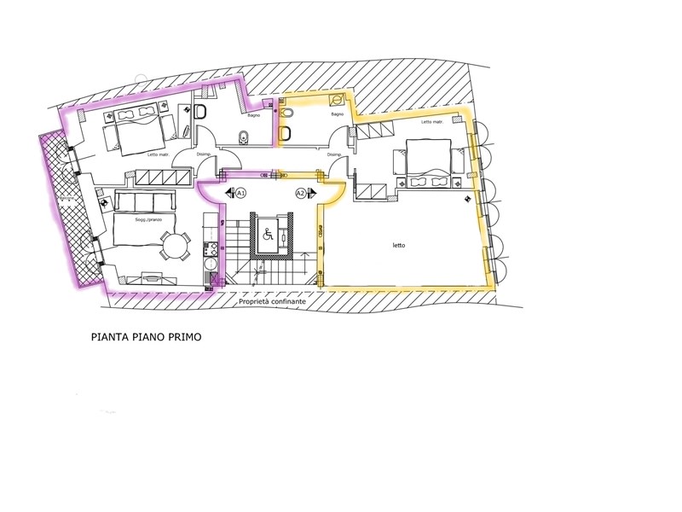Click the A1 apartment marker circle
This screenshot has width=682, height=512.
[240, 193]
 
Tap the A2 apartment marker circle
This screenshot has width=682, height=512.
[300, 193]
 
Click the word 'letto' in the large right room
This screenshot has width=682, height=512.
[399, 245]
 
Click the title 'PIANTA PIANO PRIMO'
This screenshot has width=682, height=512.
[146, 337]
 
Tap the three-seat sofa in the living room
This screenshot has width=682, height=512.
[143, 202]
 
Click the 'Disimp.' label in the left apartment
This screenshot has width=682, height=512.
[204, 154]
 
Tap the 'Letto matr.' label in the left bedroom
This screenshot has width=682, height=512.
[159, 154]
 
